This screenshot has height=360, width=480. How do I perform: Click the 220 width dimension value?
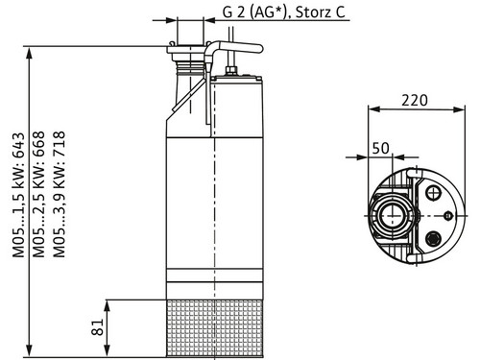(415, 101)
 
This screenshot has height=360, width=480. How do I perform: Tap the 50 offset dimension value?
(381, 148)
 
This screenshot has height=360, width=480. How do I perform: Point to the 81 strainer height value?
(98, 326)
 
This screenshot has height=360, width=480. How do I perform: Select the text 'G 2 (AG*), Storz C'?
(284, 12)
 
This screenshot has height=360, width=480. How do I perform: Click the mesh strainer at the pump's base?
(215, 328)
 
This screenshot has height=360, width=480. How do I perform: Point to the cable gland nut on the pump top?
(230, 70)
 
